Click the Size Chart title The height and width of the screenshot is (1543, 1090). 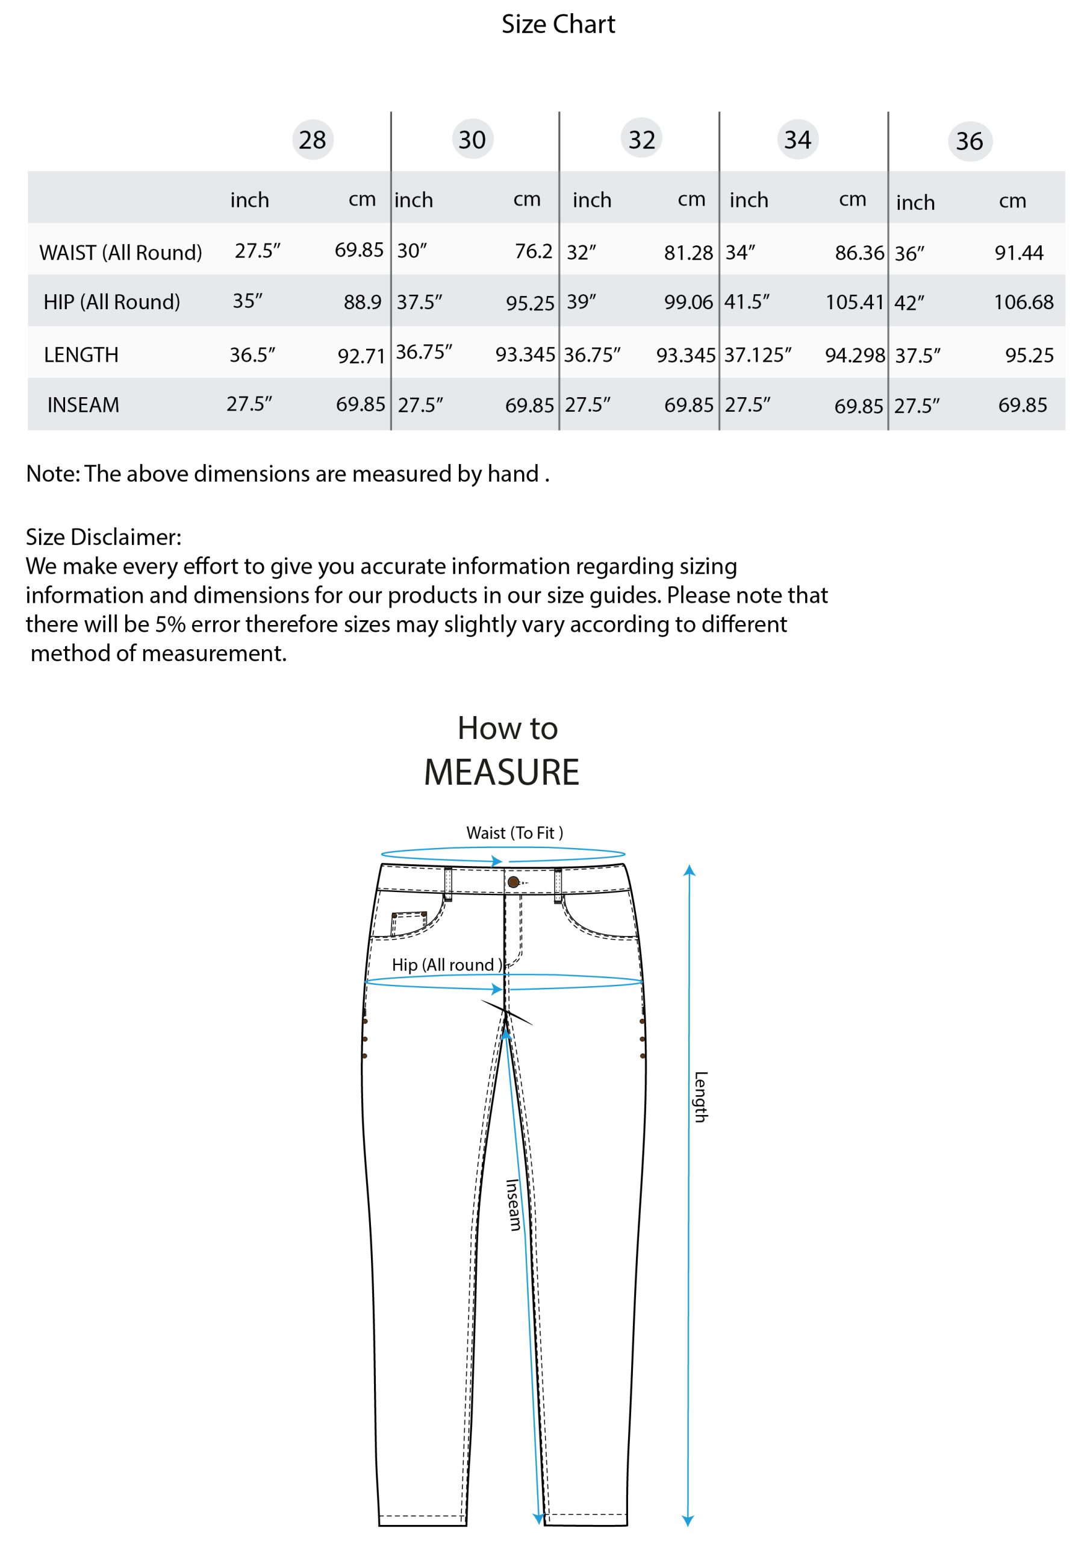click(558, 24)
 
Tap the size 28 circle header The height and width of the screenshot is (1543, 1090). click(313, 140)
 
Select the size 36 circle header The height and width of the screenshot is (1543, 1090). click(969, 141)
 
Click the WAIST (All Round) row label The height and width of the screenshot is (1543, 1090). click(120, 253)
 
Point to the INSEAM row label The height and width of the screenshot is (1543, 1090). click(83, 404)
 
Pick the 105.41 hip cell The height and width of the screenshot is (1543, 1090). click(855, 302)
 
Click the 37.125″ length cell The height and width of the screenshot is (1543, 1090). click(758, 354)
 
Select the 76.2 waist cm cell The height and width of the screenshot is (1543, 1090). click(533, 251)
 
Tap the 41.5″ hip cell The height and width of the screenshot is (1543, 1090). click(746, 301)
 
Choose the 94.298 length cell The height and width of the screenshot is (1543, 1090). click(855, 354)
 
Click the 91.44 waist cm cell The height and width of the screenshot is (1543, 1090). click(1019, 253)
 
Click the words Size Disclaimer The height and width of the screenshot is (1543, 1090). click(104, 536)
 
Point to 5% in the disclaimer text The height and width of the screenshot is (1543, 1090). click(170, 624)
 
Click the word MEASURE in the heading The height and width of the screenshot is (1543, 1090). click(501, 771)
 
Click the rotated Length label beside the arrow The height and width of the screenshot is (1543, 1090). click(700, 1097)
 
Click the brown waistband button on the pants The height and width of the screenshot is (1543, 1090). click(513, 882)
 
